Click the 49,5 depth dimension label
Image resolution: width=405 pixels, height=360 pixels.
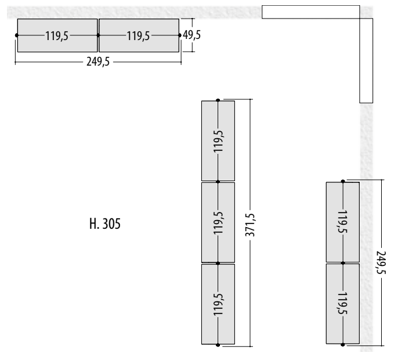tap(191, 35)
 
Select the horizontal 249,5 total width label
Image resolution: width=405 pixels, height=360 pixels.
tap(98, 62)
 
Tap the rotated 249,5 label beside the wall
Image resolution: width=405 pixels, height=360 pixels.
tap(381, 262)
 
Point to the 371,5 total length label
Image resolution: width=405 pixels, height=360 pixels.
tap(250, 225)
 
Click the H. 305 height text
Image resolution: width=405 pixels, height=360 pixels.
tap(105, 224)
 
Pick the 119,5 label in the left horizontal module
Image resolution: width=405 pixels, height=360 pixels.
tap(57, 35)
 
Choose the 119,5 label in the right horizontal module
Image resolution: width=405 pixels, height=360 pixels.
tap(138, 35)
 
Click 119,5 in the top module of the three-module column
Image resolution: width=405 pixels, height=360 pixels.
tap(219, 141)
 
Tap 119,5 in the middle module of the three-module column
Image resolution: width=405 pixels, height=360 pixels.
tap(219, 223)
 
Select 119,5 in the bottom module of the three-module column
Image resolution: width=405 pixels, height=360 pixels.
tap(219, 304)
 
